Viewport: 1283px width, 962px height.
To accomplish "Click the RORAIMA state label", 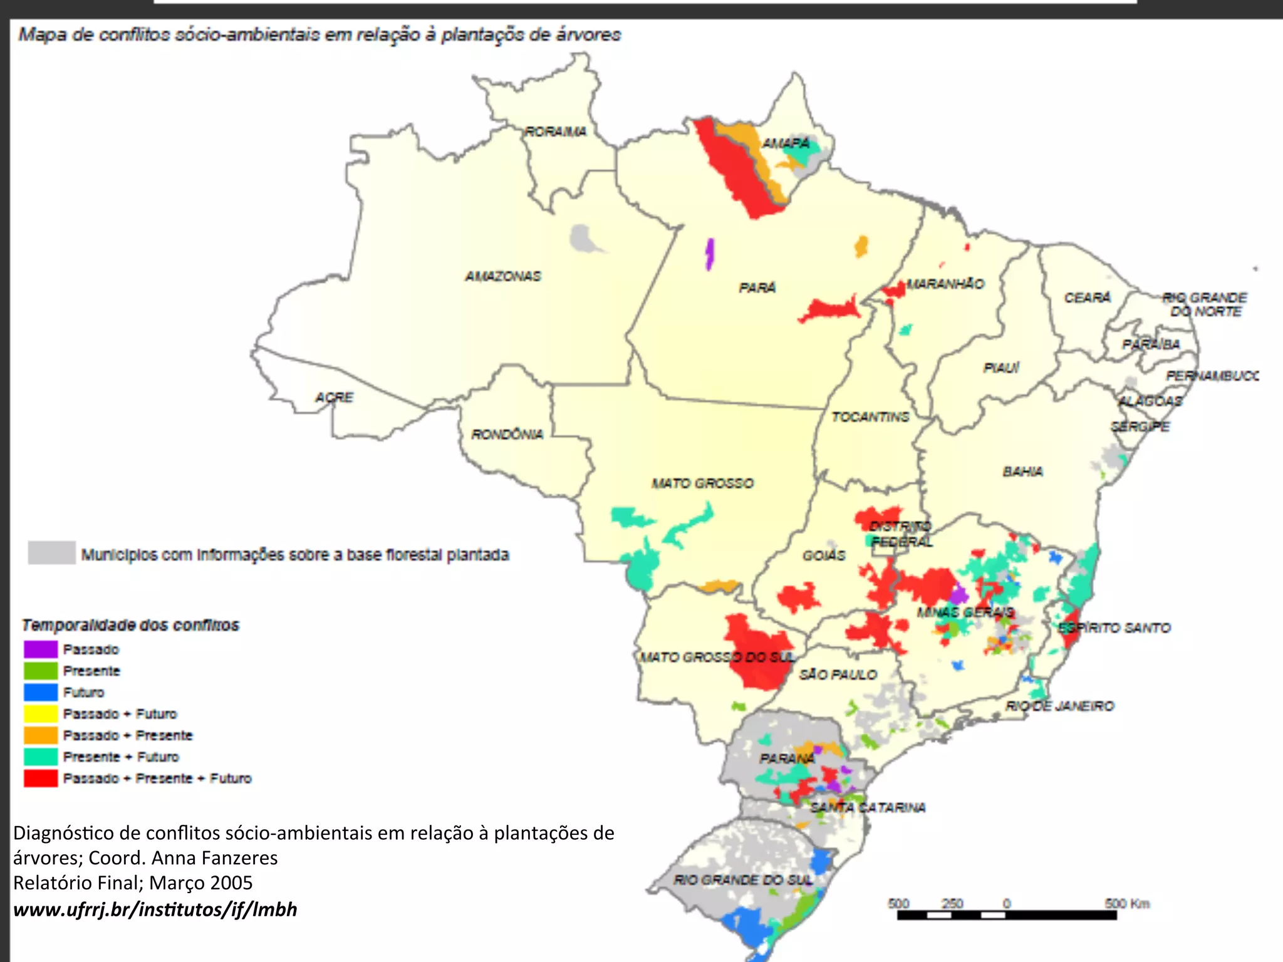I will pos(555,132).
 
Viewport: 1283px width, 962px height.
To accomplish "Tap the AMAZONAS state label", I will pos(502,276).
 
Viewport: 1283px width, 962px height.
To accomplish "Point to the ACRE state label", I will pos(334,397).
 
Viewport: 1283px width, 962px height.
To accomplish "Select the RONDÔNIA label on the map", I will pos(507,434).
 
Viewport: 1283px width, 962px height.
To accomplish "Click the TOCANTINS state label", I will pos(870,417).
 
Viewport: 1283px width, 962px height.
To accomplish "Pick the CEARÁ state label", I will pos(1087,297).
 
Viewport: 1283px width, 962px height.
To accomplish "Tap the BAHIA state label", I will pos(1022,471).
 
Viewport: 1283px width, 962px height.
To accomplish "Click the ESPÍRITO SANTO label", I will pos(1114,628).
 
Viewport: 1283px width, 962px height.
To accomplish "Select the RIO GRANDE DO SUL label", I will pos(743,880).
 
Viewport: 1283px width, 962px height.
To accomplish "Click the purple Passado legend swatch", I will pos(41,649).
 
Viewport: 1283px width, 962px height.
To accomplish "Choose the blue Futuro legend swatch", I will pos(41,692).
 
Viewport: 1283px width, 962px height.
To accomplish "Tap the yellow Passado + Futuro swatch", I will pos(41,714).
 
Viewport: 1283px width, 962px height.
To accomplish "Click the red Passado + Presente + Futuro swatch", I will pos(41,778).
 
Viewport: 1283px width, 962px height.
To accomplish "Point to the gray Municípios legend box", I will pos(52,553).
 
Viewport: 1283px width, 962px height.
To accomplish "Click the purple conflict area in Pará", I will pos(709,254).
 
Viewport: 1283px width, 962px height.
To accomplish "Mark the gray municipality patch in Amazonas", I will pos(583,239).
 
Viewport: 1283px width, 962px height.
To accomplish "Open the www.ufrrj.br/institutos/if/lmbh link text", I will pos(155,909).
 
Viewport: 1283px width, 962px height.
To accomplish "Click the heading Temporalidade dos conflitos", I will pos(130,625).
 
